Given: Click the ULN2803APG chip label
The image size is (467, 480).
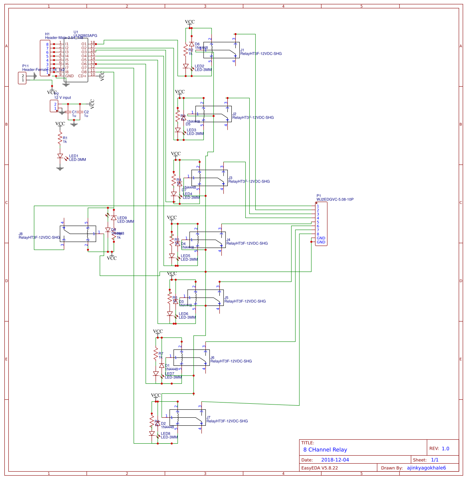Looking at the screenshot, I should tap(85, 36).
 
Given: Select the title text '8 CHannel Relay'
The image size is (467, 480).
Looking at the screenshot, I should tap(325, 449).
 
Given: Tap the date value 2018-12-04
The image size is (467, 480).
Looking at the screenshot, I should tap(335, 460).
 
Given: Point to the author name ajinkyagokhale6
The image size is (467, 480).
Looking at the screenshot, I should tap(426, 468).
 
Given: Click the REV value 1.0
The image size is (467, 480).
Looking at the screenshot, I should tap(445, 448).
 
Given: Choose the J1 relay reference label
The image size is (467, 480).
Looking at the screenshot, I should tap(242, 50).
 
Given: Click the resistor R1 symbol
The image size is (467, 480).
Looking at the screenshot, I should tap(60, 139).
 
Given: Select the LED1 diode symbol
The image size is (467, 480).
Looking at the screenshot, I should tap(60, 156).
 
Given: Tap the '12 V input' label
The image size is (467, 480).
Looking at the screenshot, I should tap(63, 97).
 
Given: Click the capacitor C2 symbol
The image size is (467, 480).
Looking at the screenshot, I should tap(80, 112).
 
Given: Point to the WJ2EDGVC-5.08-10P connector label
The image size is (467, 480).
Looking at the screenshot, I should tap(335, 199).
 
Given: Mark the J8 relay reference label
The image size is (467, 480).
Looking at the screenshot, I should tap(21, 234).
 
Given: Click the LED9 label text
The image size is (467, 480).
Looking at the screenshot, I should tap(122, 218).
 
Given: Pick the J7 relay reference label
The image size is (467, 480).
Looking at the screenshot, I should tap(208, 417).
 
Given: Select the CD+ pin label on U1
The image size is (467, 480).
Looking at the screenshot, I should tap(82, 76).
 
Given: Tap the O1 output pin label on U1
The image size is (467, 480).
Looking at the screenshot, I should tap(84, 44).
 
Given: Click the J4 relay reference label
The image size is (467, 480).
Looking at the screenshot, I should tap(228, 240).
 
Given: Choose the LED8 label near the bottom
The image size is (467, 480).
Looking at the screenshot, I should tap(166, 433).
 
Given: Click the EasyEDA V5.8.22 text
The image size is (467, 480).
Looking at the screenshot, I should tap(319, 468).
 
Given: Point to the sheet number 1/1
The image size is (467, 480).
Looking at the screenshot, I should tap(435, 460).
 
